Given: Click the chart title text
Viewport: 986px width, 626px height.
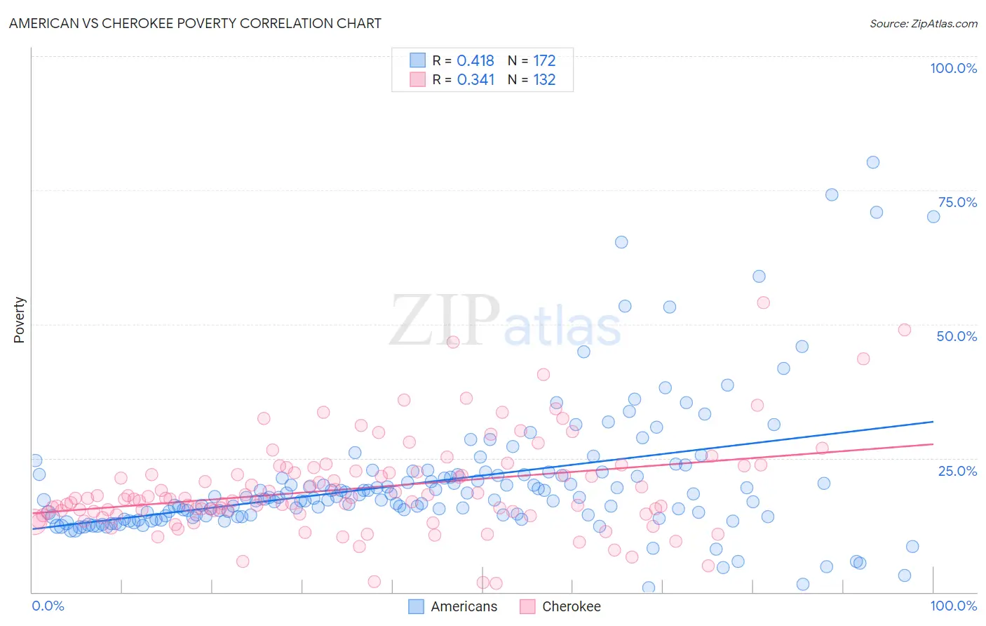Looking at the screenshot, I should coord(195,23).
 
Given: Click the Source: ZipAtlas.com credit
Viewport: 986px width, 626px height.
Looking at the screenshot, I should coord(923,23).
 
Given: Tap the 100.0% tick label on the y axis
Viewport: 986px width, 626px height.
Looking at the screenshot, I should coord(953,68).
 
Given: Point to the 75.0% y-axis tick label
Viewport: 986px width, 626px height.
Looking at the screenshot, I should coord(957,202).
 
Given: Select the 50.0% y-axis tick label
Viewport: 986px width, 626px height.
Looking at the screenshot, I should coord(957,336).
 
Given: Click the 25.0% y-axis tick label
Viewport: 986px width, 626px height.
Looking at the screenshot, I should coord(957,470).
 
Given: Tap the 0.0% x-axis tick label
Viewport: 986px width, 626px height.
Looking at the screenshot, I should coord(48,606).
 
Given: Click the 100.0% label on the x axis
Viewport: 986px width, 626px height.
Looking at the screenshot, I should coord(953,606).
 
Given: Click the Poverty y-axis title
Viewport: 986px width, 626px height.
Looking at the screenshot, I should coord(19,320).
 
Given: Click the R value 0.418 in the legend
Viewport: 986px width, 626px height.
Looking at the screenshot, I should coord(475,61).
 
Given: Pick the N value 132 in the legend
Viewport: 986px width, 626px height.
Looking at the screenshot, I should coord(544,80).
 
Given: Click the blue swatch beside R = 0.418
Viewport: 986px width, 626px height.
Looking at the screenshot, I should coord(417,60).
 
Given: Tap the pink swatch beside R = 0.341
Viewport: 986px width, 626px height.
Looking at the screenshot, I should coord(417,79).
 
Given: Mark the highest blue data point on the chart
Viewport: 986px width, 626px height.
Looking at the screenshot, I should coord(872,162).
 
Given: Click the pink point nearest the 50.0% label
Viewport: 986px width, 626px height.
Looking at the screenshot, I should coord(904,330).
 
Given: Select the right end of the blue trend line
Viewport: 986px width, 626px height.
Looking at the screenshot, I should coord(933,422).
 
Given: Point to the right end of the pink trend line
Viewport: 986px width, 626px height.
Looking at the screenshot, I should coord(933,444).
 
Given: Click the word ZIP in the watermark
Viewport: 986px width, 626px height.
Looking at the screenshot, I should coord(444,321).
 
